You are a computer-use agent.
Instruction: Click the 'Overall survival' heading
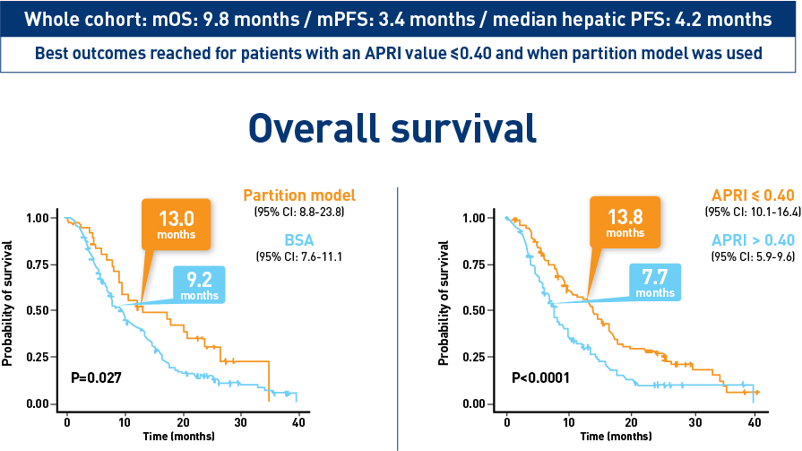point(392,128)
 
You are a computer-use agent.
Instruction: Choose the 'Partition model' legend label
point(298,195)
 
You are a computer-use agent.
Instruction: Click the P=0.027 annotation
point(96,377)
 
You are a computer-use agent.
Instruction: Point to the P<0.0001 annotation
point(539,377)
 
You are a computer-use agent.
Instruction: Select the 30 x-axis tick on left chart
point(241,420)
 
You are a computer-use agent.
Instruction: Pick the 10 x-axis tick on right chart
point(569,420)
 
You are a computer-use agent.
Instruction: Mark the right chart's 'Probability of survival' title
point(444,302)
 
